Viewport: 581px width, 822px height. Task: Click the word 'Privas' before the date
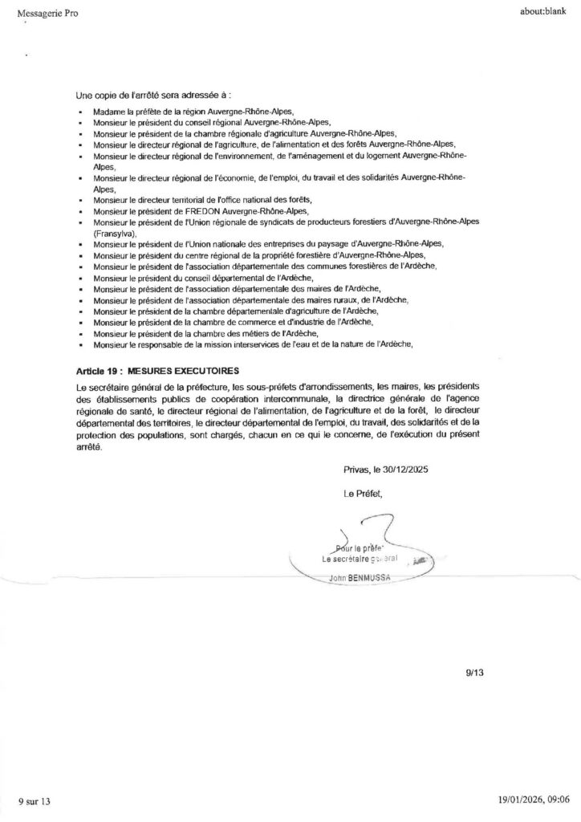pos(356,468)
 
